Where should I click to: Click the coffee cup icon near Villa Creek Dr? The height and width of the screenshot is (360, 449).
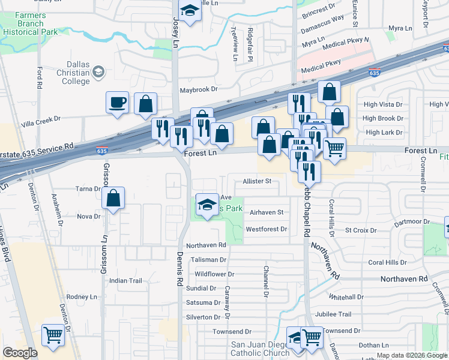(118, 101)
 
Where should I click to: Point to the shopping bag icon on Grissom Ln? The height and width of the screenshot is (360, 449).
(113, 198)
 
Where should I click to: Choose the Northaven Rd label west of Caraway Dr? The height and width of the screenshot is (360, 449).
(206, 245)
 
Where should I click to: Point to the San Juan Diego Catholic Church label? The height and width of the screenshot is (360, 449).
(261, 349)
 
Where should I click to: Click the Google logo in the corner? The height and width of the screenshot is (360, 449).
(20, 353)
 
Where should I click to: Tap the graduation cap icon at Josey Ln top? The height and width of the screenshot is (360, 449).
(190, 11)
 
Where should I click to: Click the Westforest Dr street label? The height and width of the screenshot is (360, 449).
(266, 229)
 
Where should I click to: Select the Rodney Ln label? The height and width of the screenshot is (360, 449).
(81, 296)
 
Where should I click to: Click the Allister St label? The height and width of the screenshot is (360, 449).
(257, 181)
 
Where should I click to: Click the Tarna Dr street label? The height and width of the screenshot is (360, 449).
(88, 188)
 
